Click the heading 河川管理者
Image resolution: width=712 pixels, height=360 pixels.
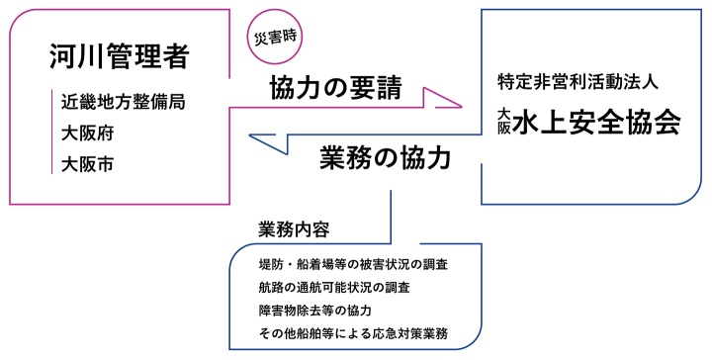(118, 58)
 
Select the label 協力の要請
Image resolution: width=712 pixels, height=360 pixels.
(335, 89)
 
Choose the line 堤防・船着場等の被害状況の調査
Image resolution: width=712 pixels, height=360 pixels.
(351, 266)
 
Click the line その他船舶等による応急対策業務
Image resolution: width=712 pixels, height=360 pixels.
(351, 334)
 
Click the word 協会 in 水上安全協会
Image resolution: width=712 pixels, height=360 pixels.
(654, 122)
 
